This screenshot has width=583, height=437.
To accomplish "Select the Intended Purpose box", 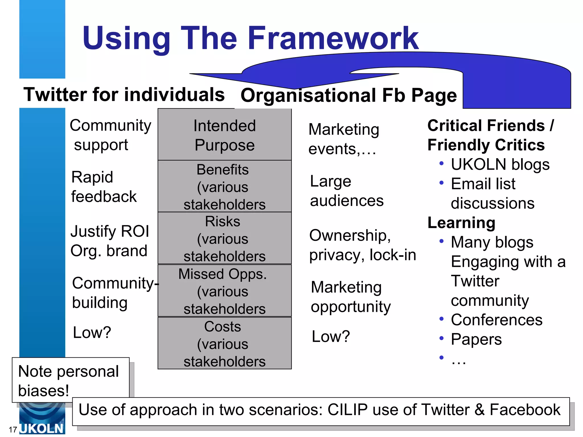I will (x=225, y=135).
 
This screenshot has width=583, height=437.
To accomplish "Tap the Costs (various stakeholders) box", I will (x=225, y=343).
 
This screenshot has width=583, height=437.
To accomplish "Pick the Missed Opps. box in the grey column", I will (x=225, y=291).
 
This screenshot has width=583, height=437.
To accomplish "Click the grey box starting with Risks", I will (x=225, y=238).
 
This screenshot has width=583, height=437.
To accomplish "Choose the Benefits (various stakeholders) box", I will (x=225, y=186).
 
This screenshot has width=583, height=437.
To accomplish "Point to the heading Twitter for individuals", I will (x=124, y=94).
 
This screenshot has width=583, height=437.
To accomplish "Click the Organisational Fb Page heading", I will (x=348, y=95).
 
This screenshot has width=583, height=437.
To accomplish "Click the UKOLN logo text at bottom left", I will (x=42, y=428).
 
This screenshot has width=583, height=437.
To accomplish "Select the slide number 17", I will (x=13, y=430).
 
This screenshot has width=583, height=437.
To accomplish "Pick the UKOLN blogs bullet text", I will (x=500, y=164).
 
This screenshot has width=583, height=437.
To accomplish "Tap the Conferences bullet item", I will (x=496, y=320).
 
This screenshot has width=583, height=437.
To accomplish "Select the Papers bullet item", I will (x=476, y=339).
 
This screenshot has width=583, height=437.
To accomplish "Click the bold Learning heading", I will (x=461, y=223).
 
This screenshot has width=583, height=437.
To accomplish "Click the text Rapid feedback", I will (x=104, y=187).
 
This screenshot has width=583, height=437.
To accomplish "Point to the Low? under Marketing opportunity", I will (x=330, y=337).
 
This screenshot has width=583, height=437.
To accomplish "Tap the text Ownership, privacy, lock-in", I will (x=362, y=245).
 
